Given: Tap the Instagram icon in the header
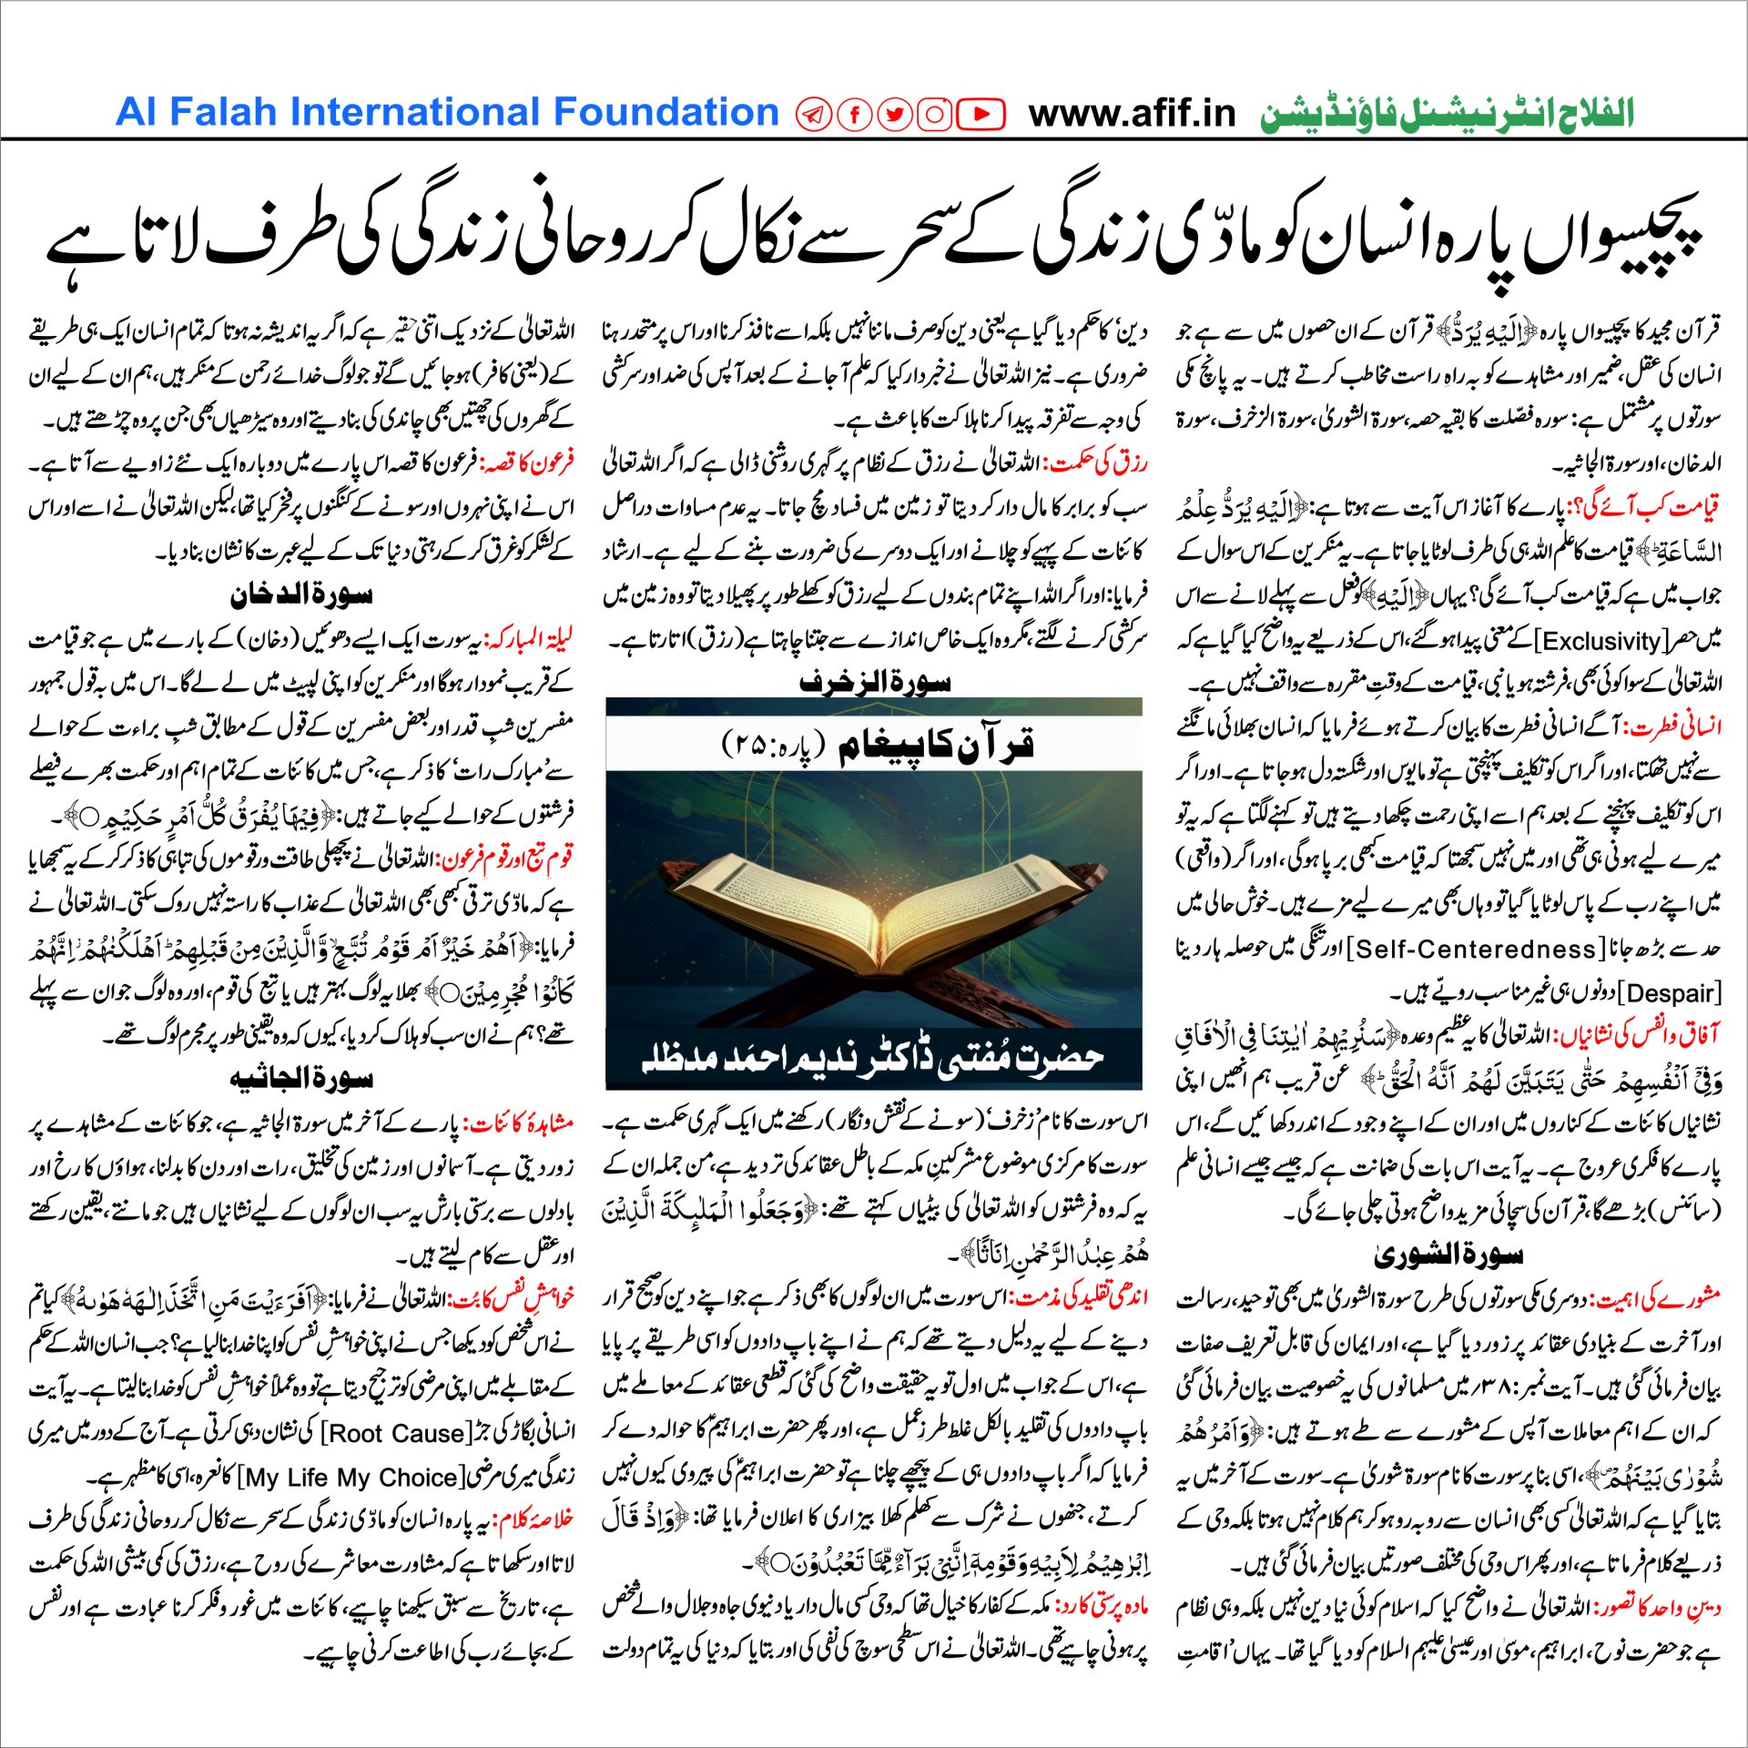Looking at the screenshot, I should pos(935,114).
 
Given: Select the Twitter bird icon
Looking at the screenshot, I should pos(895,114).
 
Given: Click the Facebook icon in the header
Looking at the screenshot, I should pos(855,114).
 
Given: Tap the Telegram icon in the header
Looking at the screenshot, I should pos(814,114).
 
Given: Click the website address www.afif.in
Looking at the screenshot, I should pos(1132,114).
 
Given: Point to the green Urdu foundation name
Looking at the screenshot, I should pos(1447,115).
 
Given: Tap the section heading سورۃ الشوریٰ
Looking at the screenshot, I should pos(1448,1255).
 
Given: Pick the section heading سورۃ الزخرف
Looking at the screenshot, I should pos(874,682).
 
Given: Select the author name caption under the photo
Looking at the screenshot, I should pos(873,1059).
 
